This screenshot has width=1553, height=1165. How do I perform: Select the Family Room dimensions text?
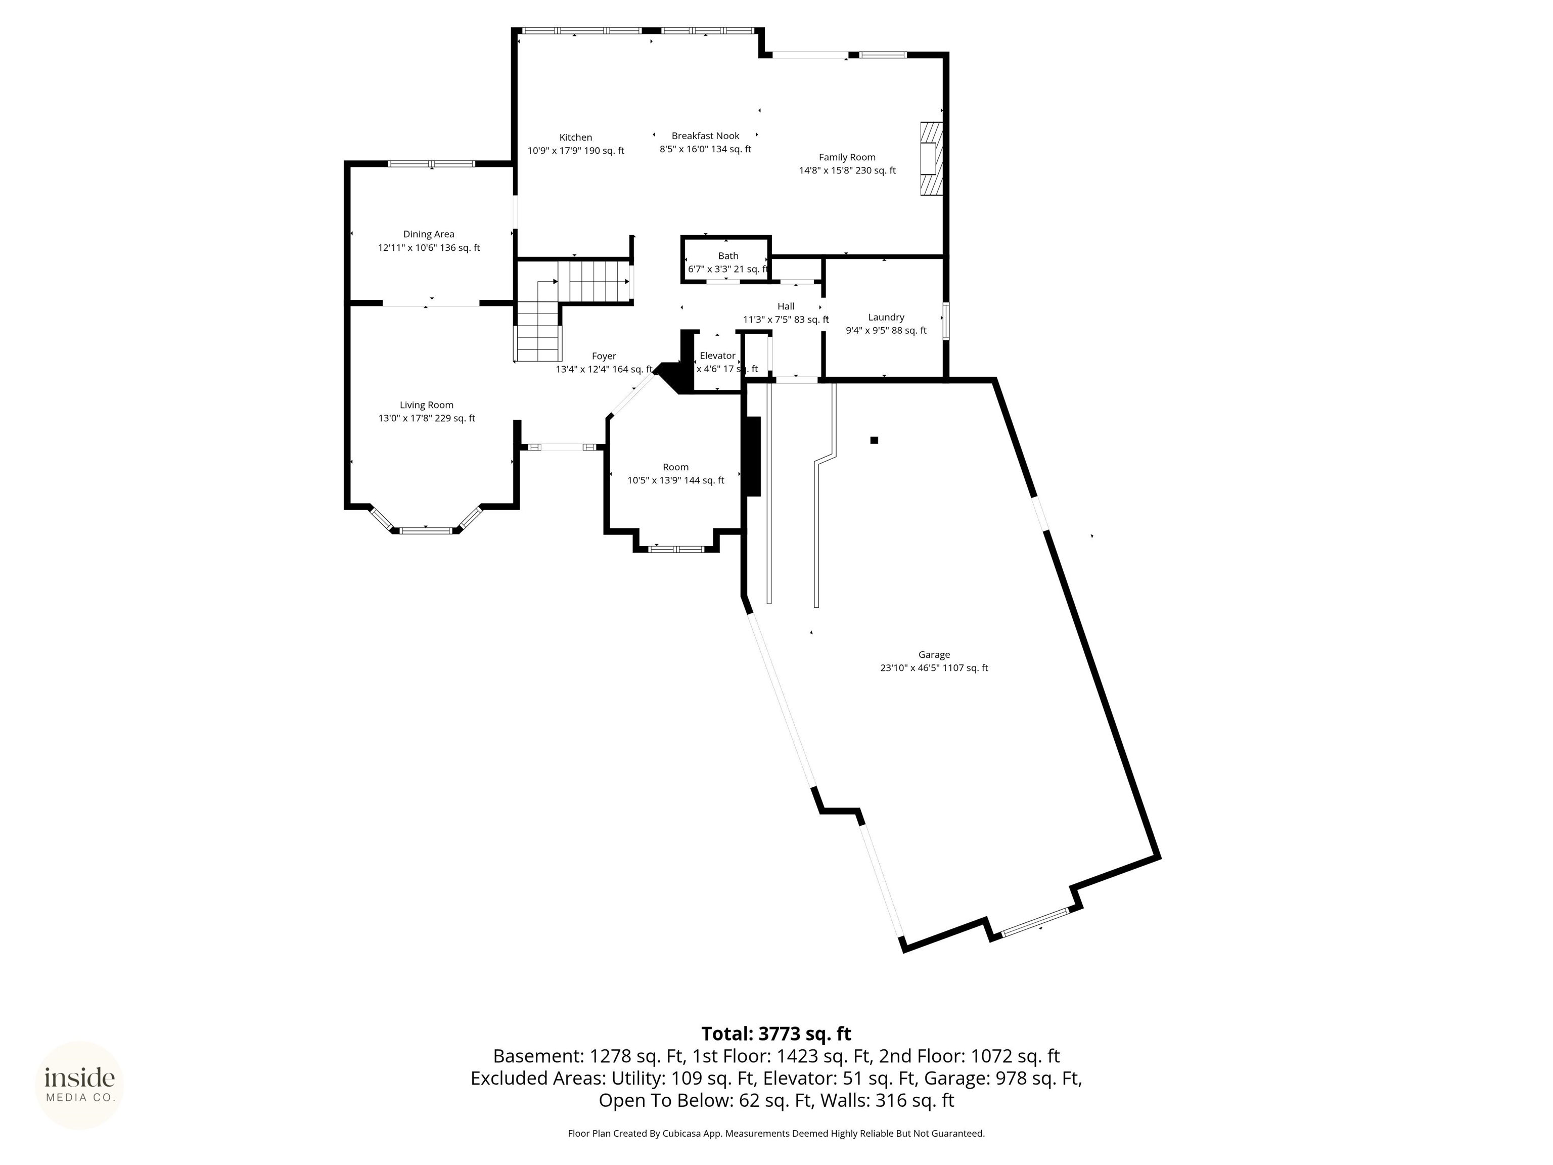[x=847, y=170]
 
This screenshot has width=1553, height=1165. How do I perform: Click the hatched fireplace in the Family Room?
[x=931, y=159]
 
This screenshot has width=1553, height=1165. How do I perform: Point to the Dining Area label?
[x=428, y=235]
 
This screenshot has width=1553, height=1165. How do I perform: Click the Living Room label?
[x=426, y=405]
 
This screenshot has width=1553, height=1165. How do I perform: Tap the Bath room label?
[x=728, y=256]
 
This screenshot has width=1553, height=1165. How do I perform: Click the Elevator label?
[x=717, y=356]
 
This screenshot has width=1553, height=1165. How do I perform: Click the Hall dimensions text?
[x=786, y=320]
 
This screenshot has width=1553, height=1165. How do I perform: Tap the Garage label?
[x=933, y=654]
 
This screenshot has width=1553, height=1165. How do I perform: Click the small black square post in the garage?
[x=874, y=440]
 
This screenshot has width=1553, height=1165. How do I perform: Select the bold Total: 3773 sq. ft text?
[x=776, y=1034]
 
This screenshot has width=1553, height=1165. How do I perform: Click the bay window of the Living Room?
[x=426, y=530]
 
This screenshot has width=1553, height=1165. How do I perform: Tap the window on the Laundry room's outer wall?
[x=946, y=322]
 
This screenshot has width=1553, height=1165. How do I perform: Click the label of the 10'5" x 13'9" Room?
[x=675, y=468]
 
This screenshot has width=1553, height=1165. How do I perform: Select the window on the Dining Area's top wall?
[x=431, y=164]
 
